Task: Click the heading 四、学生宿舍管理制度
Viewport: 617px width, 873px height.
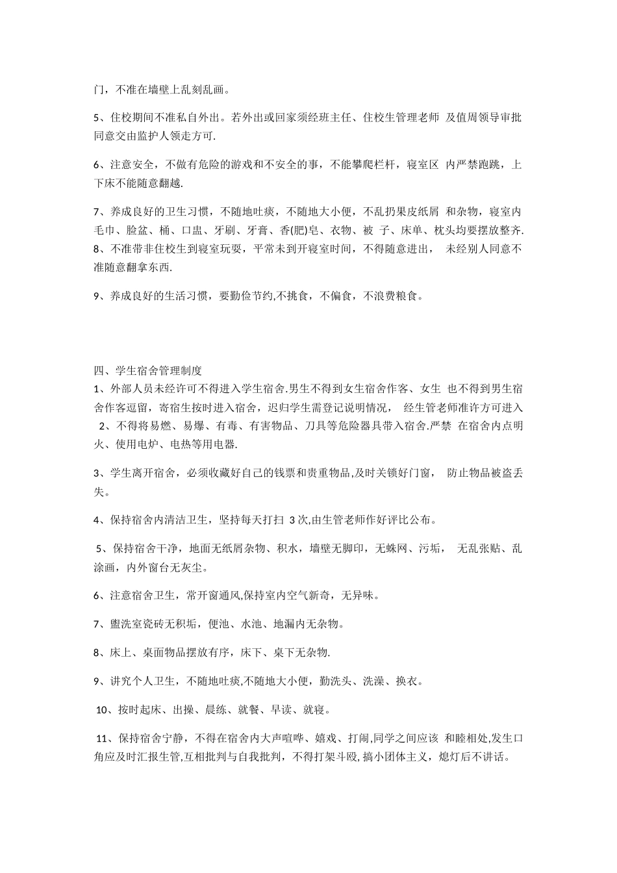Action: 148,371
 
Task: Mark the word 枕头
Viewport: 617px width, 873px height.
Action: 448,231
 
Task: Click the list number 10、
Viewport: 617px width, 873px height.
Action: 103,710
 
